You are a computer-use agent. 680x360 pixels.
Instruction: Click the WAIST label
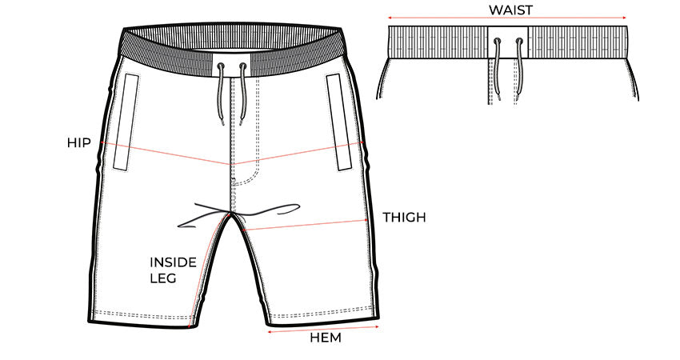[x=510, y=10]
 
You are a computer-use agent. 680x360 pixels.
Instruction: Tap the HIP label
[x=79, y=142]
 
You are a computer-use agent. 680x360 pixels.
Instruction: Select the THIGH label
[x=404, y=218]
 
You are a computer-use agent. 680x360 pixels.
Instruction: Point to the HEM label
[x=326, y=338]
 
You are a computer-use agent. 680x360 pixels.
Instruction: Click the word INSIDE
[x=173, y=262]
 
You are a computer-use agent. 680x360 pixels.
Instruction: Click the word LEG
[x=163, y=278]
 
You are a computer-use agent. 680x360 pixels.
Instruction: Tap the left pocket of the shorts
[x=126, y=122]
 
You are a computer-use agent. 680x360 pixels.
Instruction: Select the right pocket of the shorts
[x=339, y=122]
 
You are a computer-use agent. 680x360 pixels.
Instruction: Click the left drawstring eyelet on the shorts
[x=221, y=66]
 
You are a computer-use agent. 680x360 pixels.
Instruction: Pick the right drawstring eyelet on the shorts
[x=242, y=66]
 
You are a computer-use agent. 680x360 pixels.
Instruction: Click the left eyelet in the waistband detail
[x=497, y=42]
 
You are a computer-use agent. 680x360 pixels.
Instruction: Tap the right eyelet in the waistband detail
[x=519, y=42]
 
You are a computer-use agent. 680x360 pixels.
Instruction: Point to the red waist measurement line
[x=507, y=18]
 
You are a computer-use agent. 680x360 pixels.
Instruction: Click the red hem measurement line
[x=323, y=330]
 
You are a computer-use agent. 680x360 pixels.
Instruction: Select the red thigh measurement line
[x=306, y=225]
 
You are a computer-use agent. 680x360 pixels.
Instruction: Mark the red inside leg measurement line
[x=209, y=269]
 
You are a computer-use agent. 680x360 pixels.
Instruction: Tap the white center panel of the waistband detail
[x=508, y=42]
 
